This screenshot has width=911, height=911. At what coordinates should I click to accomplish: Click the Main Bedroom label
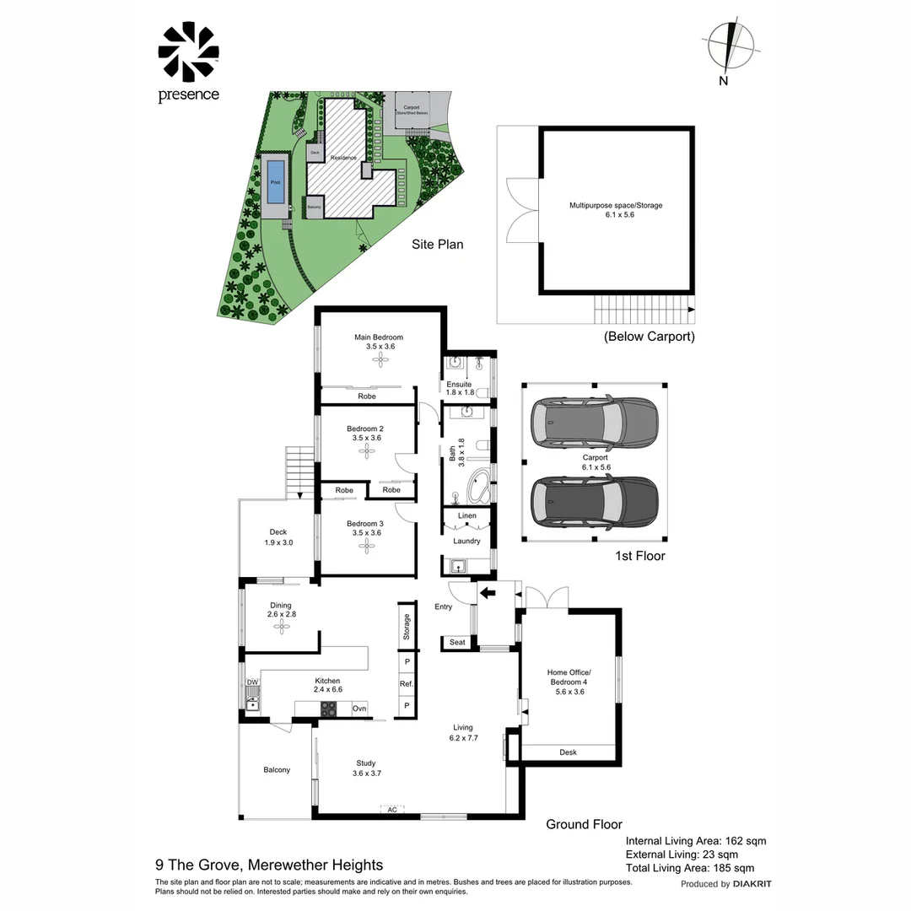379,337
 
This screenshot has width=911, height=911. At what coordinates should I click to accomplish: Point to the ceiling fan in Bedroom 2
368,450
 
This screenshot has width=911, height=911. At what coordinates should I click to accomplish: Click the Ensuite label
459,384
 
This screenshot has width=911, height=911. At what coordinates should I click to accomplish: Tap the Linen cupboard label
467,515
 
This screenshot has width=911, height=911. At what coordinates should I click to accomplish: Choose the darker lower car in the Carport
594,502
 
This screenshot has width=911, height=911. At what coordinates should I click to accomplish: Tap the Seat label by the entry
457,643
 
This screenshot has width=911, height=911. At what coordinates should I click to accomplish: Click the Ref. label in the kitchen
407,683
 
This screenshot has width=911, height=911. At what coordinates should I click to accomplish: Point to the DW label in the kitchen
252,682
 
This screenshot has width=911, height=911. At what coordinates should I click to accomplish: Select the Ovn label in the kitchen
359,709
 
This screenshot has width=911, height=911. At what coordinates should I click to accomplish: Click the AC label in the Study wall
391,810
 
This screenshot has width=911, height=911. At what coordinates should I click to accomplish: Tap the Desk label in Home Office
569,752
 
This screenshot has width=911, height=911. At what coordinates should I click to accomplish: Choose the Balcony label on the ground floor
277,769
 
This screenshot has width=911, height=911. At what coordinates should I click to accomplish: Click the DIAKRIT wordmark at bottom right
752,884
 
